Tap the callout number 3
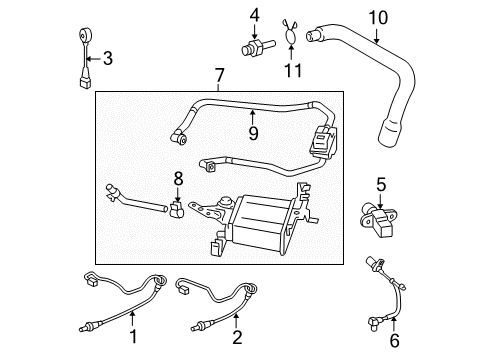[x=108, y=59]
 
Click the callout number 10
[x=377, y=16]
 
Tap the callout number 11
[x=291, y=68]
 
